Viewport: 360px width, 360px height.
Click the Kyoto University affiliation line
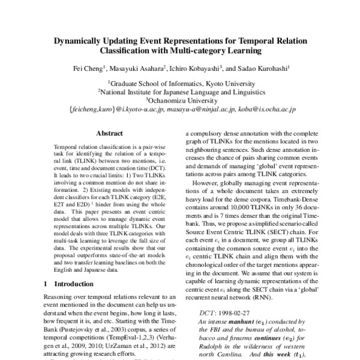tap(180, 83)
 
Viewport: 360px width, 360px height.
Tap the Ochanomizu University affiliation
tap(180, 101)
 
